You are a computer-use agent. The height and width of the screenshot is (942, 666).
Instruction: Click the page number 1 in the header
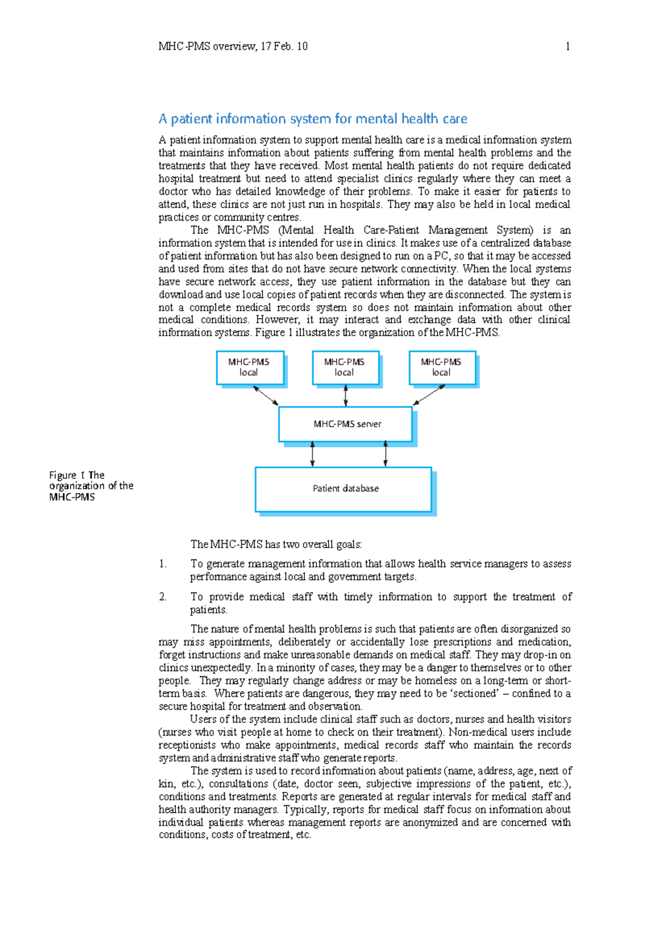tap(567, 47)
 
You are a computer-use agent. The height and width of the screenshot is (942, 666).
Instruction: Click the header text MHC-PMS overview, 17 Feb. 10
tap(233, 47)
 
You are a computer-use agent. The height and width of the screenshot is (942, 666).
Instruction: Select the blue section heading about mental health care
tap(312, 119)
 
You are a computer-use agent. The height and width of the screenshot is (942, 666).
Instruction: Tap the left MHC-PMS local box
tap(250, 367)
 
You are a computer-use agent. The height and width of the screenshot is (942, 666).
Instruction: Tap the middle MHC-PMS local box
tap(345, 367)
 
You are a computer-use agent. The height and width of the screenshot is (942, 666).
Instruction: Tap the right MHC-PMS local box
tap(442, 367)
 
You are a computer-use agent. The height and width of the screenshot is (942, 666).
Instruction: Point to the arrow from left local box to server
tap(266, 396)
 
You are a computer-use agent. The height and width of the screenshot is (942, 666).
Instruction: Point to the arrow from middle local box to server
tap(346, 396)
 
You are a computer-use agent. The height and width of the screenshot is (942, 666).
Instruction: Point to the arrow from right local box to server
tap(429, 395)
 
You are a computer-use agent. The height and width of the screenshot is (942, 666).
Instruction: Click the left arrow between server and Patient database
tap(312, 454)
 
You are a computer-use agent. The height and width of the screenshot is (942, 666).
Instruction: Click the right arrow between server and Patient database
tap(386, 454)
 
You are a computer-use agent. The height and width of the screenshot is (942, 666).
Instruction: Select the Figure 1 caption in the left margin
tap(90, 486)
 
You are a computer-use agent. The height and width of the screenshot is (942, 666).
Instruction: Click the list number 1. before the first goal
tap(163, 564)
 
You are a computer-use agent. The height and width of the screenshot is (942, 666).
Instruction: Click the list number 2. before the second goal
tap(163, 597)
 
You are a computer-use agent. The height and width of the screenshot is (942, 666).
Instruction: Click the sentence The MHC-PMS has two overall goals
tap(276, 545)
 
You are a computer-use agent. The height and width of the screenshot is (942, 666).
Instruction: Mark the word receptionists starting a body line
tap(186, 745)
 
